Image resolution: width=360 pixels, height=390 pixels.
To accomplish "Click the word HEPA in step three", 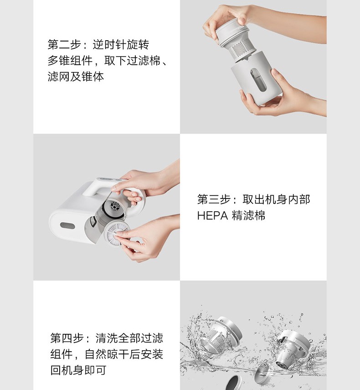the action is [212, 216].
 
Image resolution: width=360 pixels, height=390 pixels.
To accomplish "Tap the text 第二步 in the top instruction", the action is [64, 45].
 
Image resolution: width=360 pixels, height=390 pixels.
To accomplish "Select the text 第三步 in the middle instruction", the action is [214, 199].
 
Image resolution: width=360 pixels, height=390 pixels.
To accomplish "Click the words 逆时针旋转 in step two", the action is [121, 45].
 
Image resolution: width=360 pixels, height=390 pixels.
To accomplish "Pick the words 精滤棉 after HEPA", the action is [248, 216].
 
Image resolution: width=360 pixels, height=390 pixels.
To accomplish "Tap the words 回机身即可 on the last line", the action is [78, 370].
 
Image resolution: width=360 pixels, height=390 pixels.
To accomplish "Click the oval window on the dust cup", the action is [258, 79].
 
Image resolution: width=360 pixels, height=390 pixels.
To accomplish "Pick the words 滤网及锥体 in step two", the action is [76, 77].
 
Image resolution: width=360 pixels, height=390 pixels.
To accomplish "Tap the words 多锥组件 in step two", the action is [70, 61].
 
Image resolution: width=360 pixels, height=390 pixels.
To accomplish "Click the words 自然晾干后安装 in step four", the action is [123, 354].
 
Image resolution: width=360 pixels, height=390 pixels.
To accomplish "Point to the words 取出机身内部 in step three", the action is [276, 199].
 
